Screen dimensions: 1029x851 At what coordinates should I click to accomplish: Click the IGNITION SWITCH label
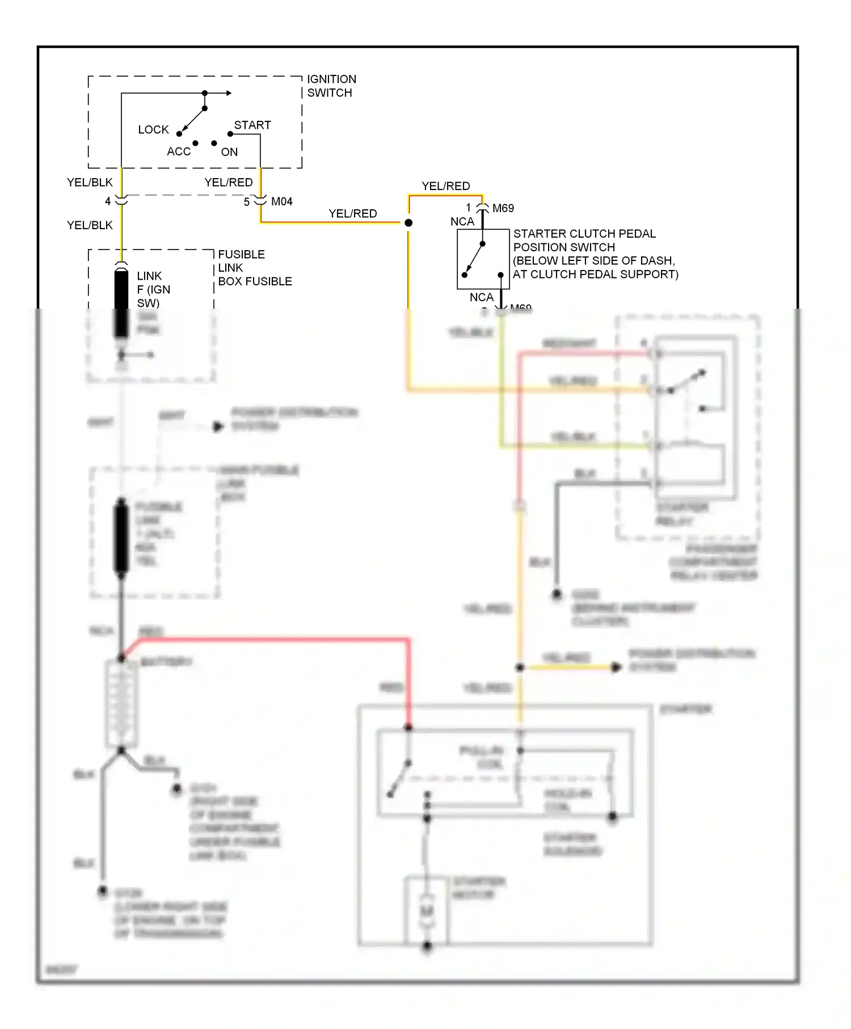[331, 86]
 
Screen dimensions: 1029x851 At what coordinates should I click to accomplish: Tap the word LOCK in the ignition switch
[153, 130]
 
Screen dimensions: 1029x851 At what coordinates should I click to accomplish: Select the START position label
[252, 125]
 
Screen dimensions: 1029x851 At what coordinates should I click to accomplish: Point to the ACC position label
[179, 151]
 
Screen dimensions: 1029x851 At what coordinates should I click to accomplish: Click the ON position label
[229, 152]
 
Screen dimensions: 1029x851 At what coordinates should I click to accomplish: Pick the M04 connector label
[282, 202]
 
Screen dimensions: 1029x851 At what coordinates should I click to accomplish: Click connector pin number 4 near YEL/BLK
[108, 201]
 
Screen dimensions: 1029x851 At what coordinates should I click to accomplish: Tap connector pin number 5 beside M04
[247, 202]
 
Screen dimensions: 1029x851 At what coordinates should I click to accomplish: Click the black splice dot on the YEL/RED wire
[408, 223]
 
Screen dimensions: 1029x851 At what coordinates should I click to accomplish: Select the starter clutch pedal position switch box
[483, 259]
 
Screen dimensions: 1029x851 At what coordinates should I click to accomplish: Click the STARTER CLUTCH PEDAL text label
[584, 234]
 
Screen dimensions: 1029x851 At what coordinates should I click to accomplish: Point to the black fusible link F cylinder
[121, 301]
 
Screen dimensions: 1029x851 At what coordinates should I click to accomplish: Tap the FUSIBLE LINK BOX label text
[254, 268]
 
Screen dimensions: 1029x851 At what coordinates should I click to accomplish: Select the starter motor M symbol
[427, 911]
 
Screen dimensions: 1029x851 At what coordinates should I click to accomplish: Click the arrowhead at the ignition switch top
[229, 93]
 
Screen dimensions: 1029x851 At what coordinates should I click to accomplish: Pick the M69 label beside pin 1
[503, 208]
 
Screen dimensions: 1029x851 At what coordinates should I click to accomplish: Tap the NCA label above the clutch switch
[462, 222]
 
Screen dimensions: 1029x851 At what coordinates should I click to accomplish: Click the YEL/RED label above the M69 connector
[446, 186]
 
